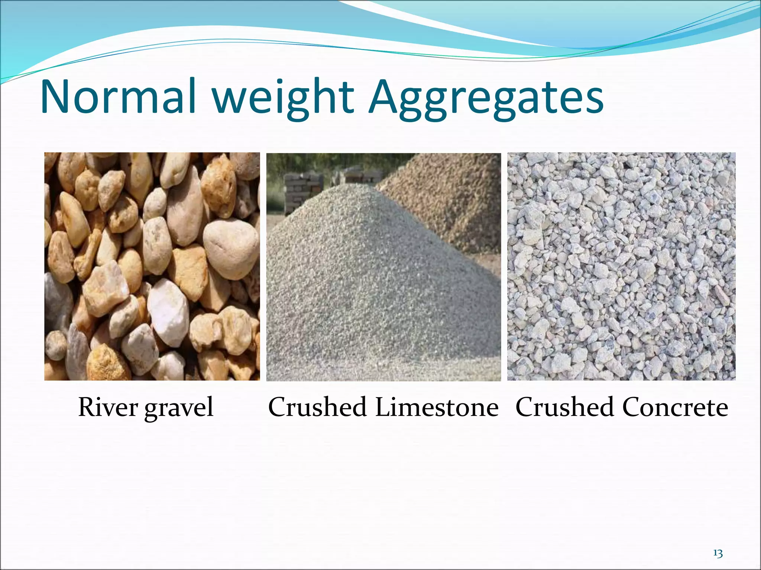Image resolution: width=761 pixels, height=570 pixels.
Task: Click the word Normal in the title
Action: (118, 97)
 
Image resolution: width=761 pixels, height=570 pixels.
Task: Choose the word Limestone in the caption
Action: (437, 407)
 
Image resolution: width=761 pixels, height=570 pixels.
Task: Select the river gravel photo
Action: (152, 266)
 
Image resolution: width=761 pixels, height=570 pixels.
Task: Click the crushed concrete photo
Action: (621, 266)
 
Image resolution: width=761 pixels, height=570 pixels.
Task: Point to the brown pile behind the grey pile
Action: (453, 197)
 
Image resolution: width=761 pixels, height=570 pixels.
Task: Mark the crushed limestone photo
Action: (383, 282)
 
